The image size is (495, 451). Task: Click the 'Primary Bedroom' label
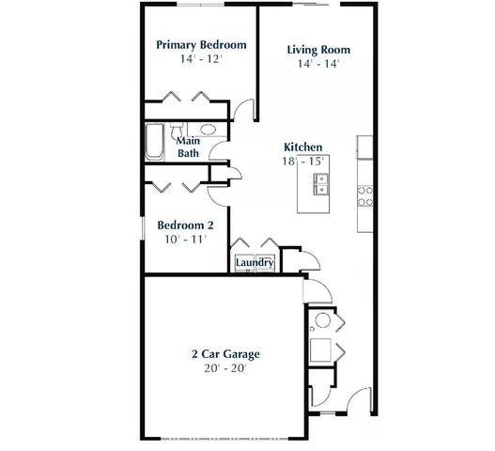point(201,44)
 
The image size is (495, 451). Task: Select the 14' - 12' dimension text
point(201,59)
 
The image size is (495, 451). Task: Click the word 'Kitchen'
point(303,148)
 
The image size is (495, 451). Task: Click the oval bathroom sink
point(208,129)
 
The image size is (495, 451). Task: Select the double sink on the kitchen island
point(318,188)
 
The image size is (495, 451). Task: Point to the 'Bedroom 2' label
point(185,225)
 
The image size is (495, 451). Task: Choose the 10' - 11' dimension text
point(185,240)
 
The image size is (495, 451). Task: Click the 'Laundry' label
point(254,263)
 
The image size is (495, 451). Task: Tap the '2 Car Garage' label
point(225,354)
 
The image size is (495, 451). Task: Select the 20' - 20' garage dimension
point(225,369)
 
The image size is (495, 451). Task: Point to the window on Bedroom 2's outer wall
point(143,225)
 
